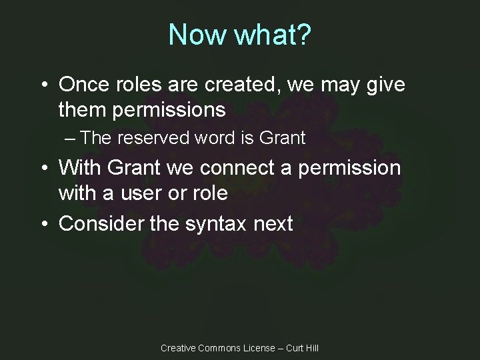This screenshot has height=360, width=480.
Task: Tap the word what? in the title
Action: pyautogui.click(x=272, y=35)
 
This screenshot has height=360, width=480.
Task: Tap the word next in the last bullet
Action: pyautogui.click(x=273, y=223)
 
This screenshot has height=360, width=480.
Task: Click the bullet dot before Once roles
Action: pyautogui.click(x=43, y=85)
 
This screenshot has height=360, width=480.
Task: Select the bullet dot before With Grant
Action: pyautogui.click(x=43, y=169)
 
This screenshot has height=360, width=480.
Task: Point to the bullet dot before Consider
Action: pyautogui.click(x=43, y=224)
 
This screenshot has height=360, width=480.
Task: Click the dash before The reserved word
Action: pyautogui.click(x=71, y=139)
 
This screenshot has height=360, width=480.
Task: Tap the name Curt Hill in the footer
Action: pyautogui.click(x=303, y=348)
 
